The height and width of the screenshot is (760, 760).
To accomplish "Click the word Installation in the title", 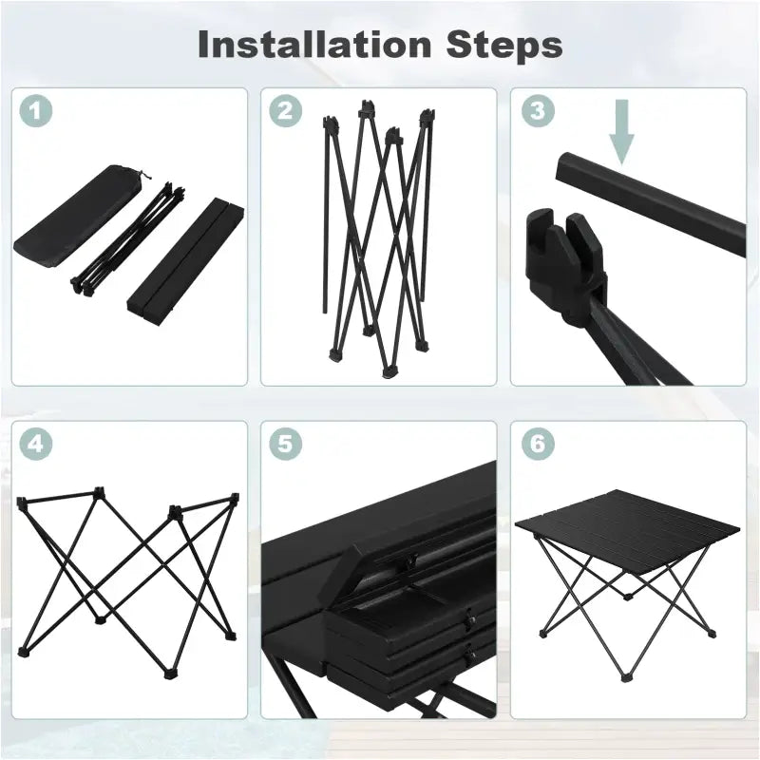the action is pyautogui.click(x=314, y=44).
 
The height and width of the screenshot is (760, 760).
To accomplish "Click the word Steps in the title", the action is pyautogui.click(x=504, y=46).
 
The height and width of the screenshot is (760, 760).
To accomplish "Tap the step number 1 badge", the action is pyautogui.click(x=36, y=111).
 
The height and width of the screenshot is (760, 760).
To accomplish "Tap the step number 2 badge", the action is pyautogui.click(x=286, y=111).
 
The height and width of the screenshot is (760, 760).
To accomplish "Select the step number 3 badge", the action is pyautogui.click(x=538, y=111).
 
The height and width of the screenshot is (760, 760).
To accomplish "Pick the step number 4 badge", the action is pyautogui.click(x=36, y=444).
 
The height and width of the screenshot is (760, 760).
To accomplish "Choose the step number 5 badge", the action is pyautogui.click(x=286, y=444).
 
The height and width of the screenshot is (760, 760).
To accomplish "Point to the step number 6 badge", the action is pyautogui.click(x=538, y=444).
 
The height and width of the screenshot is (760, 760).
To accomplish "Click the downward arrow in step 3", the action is pyautogui.click(x=621, y=132).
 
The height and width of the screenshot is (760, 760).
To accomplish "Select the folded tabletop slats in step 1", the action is pyautogui.click(x=185, y=256).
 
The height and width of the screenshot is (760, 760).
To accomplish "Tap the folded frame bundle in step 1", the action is pyautogui.click(x=129, y=238).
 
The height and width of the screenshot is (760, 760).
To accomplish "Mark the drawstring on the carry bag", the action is pyautogui.click(x=142, y=175).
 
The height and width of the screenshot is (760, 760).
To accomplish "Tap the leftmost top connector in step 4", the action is pyautogui.click(x=22, y=503).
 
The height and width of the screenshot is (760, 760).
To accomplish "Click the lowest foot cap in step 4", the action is pyautogui.click(x=169, y=674).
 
